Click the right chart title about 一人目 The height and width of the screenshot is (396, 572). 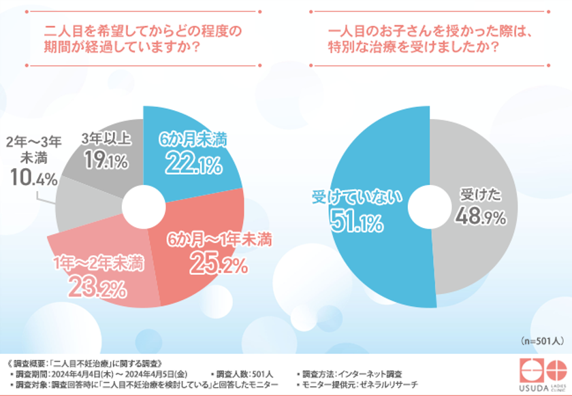(429, 40)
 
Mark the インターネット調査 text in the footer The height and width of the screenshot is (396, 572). (370, 374)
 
